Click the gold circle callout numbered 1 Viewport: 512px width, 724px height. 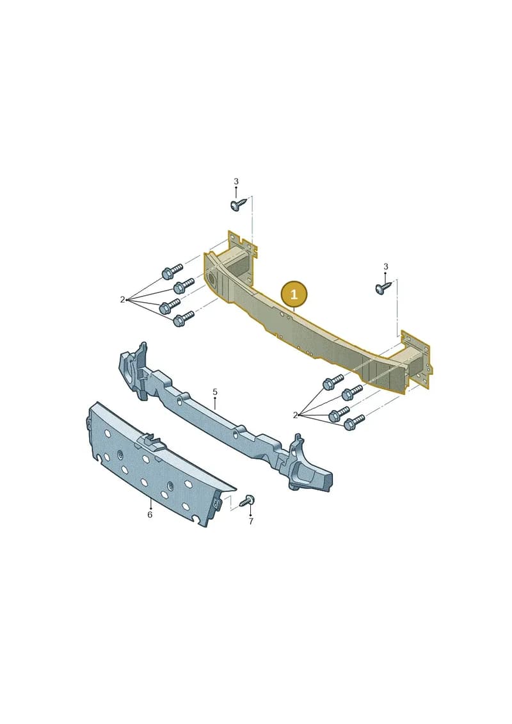tap(294, 294)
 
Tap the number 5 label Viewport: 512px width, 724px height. tap(215, 392)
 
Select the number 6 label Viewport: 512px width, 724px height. tap(150, 515)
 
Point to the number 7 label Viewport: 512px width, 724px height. tap(251, 522)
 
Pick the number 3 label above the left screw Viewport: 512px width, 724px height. tap(236, 181)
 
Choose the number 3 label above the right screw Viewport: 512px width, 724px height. tap(385, 266)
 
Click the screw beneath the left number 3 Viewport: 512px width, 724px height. tap(239, 204)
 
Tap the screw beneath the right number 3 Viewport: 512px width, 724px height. tap(383, 287)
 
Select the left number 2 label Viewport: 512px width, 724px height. tap(122, 300)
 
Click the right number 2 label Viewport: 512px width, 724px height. tap(296, 415)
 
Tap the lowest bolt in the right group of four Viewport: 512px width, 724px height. tap(354, 422)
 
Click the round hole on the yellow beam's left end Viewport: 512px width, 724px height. tap(212, 279)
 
